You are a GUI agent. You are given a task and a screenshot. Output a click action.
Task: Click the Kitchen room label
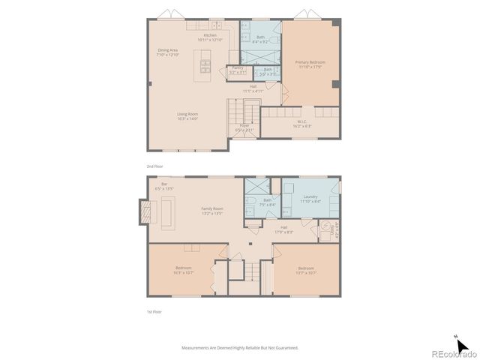point(211,37)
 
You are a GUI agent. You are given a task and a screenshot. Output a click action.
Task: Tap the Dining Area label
point(167,52)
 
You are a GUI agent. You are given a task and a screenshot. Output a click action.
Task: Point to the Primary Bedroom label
point(309,65)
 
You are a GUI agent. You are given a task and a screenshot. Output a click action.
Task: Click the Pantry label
point(238,70)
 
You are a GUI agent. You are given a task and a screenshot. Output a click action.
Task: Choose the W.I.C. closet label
point(301,124)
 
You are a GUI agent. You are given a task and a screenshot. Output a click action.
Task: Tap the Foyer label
point(244,127)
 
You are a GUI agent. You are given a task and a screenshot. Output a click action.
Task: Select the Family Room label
point(212,211)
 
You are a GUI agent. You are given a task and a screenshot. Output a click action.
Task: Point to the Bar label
point(164,186)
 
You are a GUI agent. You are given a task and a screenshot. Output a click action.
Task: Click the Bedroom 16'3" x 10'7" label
point(184,270)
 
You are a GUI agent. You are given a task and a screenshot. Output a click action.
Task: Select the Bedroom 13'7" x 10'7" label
point(305,270)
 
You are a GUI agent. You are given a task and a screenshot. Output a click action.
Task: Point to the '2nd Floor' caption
point(154,166)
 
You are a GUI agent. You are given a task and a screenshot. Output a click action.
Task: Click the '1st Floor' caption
point(154,311)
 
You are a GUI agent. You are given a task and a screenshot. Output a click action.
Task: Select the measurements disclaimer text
point(240,347)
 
